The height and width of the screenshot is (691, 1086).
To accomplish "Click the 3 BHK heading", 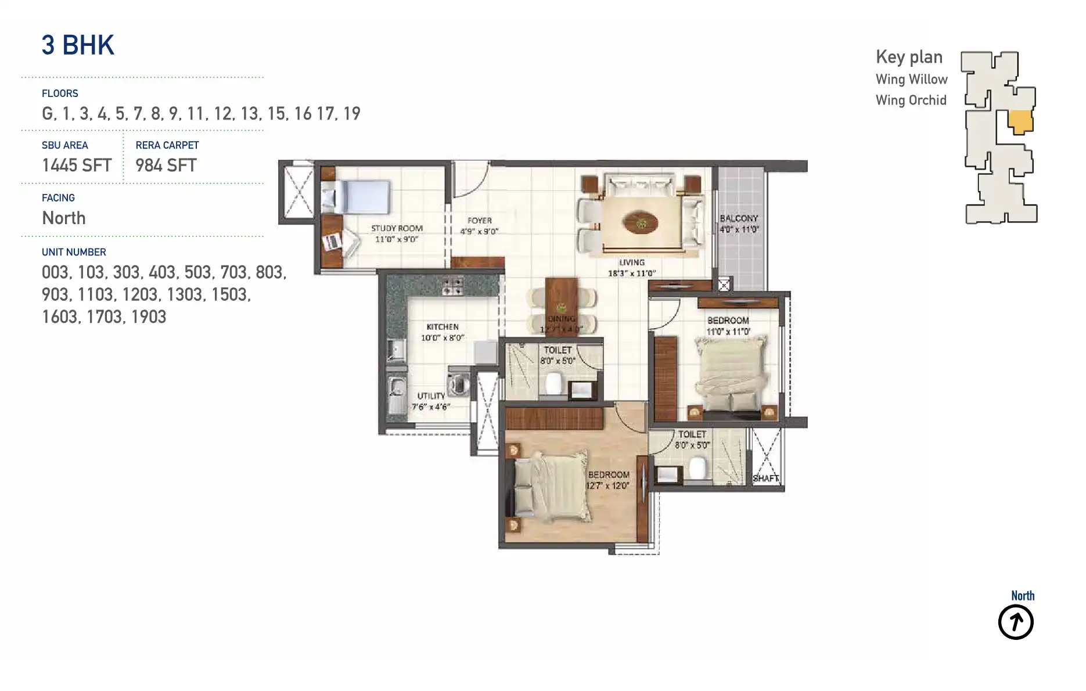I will [78, 45].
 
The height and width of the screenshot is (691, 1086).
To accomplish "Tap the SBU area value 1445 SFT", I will [77, 165].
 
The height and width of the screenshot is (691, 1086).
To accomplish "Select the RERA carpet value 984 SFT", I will [166, 165].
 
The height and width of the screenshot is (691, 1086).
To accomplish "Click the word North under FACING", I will [64, 218].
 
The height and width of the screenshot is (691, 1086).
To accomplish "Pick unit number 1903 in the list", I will [149, 317].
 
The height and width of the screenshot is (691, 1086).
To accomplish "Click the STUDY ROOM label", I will [397, 228].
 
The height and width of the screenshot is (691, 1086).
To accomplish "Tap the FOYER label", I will [480, 221].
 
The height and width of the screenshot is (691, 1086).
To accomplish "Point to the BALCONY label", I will [739, 218].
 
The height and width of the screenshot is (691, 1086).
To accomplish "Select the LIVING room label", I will [632, 262].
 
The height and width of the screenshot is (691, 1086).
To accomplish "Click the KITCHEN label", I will [443, 327].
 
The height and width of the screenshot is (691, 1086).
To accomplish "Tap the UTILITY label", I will [431, 396].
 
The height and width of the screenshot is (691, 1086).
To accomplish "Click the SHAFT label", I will [765, 478].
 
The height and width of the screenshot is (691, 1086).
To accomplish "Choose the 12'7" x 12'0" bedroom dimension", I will [607, 486].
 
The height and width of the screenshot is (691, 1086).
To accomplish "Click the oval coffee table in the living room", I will [641, 223].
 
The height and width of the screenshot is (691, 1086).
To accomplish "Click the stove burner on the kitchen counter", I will [452, 286].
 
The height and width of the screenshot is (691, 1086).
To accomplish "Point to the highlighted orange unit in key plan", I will [1020, 122].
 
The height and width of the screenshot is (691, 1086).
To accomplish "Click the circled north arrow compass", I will [1016, 622].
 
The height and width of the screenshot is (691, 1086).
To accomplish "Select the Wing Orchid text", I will [911, 100].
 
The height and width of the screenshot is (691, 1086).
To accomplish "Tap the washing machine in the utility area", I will [459, 384].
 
